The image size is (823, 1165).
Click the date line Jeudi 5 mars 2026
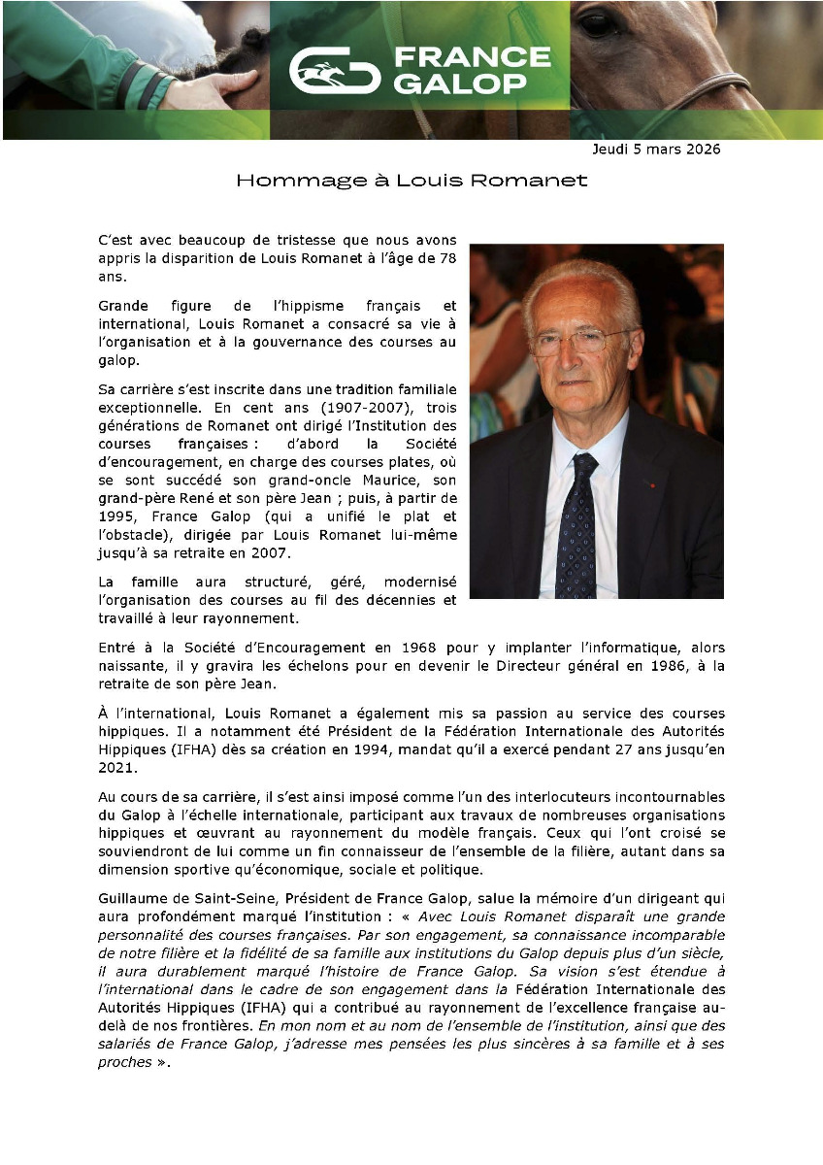click(656, 150)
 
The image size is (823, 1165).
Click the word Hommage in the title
click(279, 181)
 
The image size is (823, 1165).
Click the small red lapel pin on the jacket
click(652, 483)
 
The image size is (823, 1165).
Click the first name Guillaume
click(136, 901)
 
